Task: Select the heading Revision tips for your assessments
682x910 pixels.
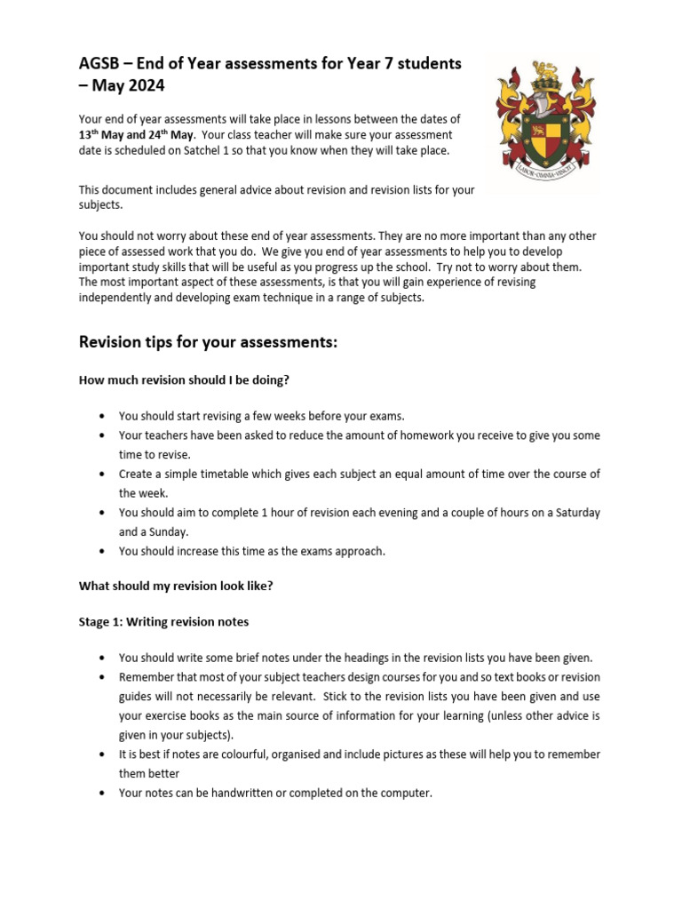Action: pyautogui.click(x=209, y=342)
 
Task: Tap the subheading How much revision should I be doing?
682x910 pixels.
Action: pyautogui.click(x=185, y=380)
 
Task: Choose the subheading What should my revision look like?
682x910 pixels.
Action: pyautogui.click(x=177, y=586)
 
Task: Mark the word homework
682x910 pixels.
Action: pyautogui.click(x=439, y=435)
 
